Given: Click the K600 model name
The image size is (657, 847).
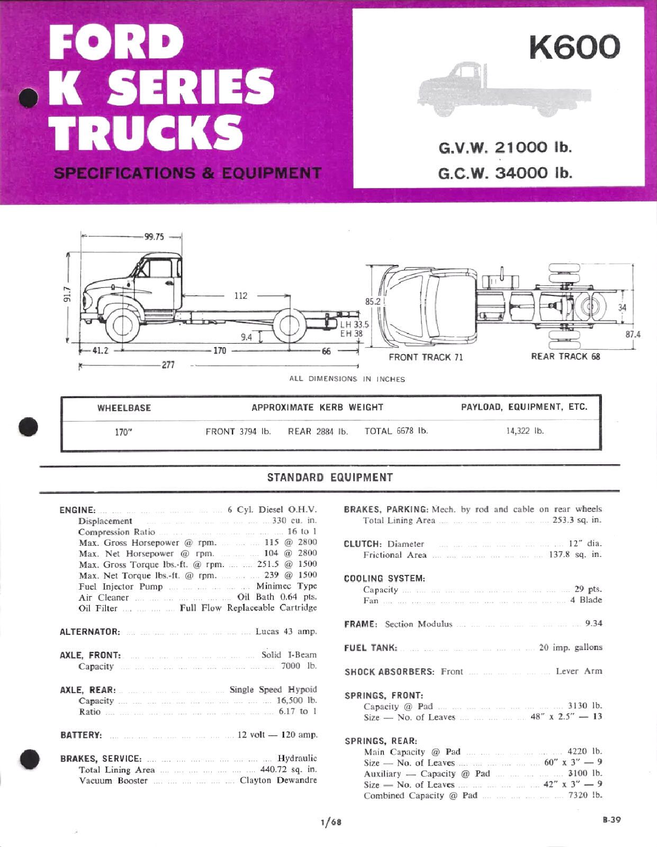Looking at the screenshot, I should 574,47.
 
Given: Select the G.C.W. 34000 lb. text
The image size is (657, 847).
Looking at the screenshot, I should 505,173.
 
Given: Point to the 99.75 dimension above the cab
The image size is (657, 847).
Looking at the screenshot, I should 155,237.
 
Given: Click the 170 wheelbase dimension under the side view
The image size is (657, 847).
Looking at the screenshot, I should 219,351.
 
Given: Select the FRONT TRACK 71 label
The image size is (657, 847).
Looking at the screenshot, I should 426,357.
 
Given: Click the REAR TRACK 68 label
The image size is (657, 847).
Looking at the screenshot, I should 565,356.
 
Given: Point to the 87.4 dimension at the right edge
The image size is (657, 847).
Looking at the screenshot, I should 633,335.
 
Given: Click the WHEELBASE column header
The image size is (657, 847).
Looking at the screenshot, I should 124,408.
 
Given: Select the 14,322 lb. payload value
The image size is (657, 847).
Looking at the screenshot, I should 525,431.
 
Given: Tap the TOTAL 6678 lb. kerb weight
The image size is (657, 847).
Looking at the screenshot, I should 396,431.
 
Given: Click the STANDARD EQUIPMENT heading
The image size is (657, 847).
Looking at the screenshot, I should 330,477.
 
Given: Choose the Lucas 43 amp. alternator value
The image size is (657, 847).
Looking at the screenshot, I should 286,632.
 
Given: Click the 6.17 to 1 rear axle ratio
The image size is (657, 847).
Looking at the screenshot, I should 298,711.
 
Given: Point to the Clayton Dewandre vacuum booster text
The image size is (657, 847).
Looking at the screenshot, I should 278,780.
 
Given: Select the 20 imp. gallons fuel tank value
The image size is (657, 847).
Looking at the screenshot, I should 570,647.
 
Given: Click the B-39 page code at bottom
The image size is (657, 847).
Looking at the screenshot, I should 611,820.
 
